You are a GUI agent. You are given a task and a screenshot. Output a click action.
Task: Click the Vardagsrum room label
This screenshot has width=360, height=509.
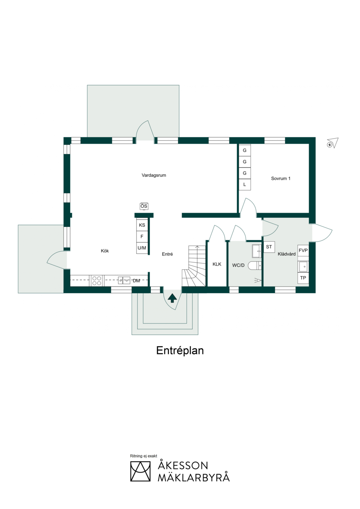pyautogui.click(x=154, y=175)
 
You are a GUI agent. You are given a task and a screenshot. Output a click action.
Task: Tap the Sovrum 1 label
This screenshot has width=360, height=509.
pyautogui.click(x=280, y=179)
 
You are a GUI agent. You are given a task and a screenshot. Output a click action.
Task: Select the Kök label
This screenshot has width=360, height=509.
pyautogui.click(x=105, y=251)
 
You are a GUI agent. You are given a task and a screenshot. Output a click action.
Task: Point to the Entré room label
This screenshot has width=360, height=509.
pyautogui.click(x=167, y=254)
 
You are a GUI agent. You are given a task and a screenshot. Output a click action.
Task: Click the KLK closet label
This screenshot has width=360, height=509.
pyautogui.click(x=217, y=264)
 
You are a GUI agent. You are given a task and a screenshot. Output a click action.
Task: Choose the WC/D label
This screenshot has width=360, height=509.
pyautogui.click(x=238, y=265)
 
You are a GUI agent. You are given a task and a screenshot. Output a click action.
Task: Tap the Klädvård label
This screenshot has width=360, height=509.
pyautogui.click(x=287, y=254)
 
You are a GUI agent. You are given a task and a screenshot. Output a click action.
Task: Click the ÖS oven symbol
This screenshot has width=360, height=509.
pyautogui.click(x=144, y=206)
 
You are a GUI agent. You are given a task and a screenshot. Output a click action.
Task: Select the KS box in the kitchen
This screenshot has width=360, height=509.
pyautogui.click(x=142, y=225)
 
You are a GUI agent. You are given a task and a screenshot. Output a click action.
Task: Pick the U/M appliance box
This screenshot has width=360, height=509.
pyautogui.click(x=142, y=248)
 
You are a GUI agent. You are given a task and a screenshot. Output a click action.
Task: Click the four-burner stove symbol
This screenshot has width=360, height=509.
pyautogui.click(x=97, y=281)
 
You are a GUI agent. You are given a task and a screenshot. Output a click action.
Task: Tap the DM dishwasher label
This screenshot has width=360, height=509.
pyautogui.click(x=136, y=281)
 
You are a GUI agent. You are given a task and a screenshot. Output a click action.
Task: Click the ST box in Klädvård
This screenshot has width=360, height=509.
pyautogui.click(x=269, y=247)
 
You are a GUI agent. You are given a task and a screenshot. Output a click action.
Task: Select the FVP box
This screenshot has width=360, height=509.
pyautogui.click(x=303, y=251)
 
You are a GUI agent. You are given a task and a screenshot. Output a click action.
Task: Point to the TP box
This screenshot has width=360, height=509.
pyautogui.click(x=303, y=278)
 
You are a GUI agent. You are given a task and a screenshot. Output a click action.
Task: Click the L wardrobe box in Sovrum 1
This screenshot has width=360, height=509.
pyautogui.click(x=245, y=184)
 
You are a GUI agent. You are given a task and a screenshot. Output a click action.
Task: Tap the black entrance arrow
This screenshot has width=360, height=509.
pyautogui.click(x=172, y=298)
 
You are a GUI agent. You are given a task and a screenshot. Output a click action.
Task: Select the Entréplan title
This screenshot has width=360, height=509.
pyautogui.click(x=180, y=350)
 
